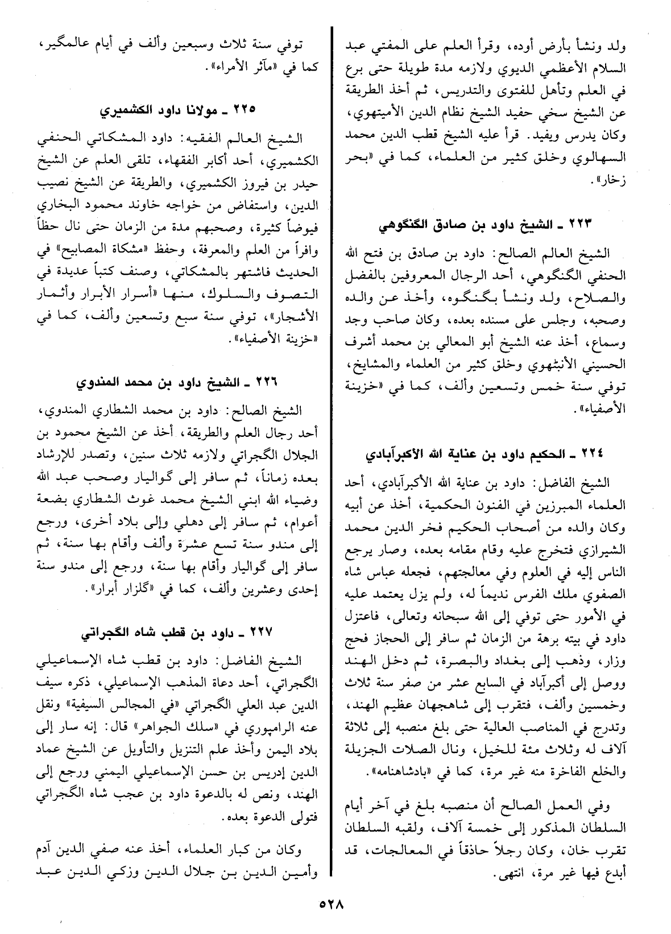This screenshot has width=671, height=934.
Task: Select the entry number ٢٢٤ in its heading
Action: (591, 454)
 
